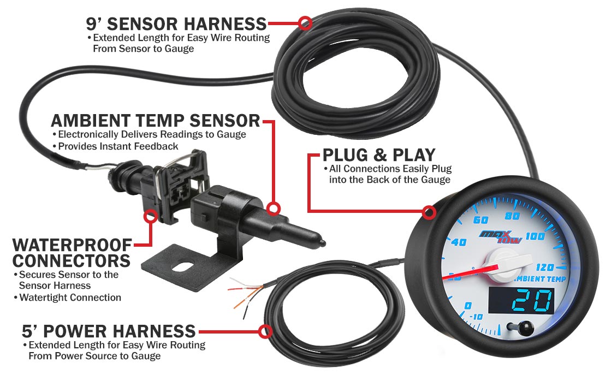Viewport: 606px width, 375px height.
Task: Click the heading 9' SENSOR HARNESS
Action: (x=176, y=24)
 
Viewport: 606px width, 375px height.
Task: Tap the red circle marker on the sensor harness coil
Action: (x=305, y=23)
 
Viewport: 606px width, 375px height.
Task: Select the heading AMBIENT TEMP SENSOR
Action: (x=156, y=121)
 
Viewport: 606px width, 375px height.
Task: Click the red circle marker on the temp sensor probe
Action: (x=274, y=209)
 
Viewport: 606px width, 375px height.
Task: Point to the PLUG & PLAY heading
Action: (x=379, y=155)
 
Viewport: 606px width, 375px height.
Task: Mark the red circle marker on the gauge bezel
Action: (x=429, y=212)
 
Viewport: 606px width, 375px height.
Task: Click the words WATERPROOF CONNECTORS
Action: (x=72, y=253)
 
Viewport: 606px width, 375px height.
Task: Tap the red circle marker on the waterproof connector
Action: (x=150, y=216)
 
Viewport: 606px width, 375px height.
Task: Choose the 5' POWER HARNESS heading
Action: (x=109, y=331)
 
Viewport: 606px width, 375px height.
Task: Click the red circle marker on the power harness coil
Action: (x=265, y=331)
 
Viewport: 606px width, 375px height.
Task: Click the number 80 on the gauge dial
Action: (x=512, y=216)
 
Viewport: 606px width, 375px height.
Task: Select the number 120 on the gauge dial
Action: (x=545, y=267)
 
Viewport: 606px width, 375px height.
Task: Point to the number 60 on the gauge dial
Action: (x=481, y=220)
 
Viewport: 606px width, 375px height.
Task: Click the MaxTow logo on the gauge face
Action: (x=501, y=236)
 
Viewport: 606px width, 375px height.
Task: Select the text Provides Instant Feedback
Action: (x=118, y=146)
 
